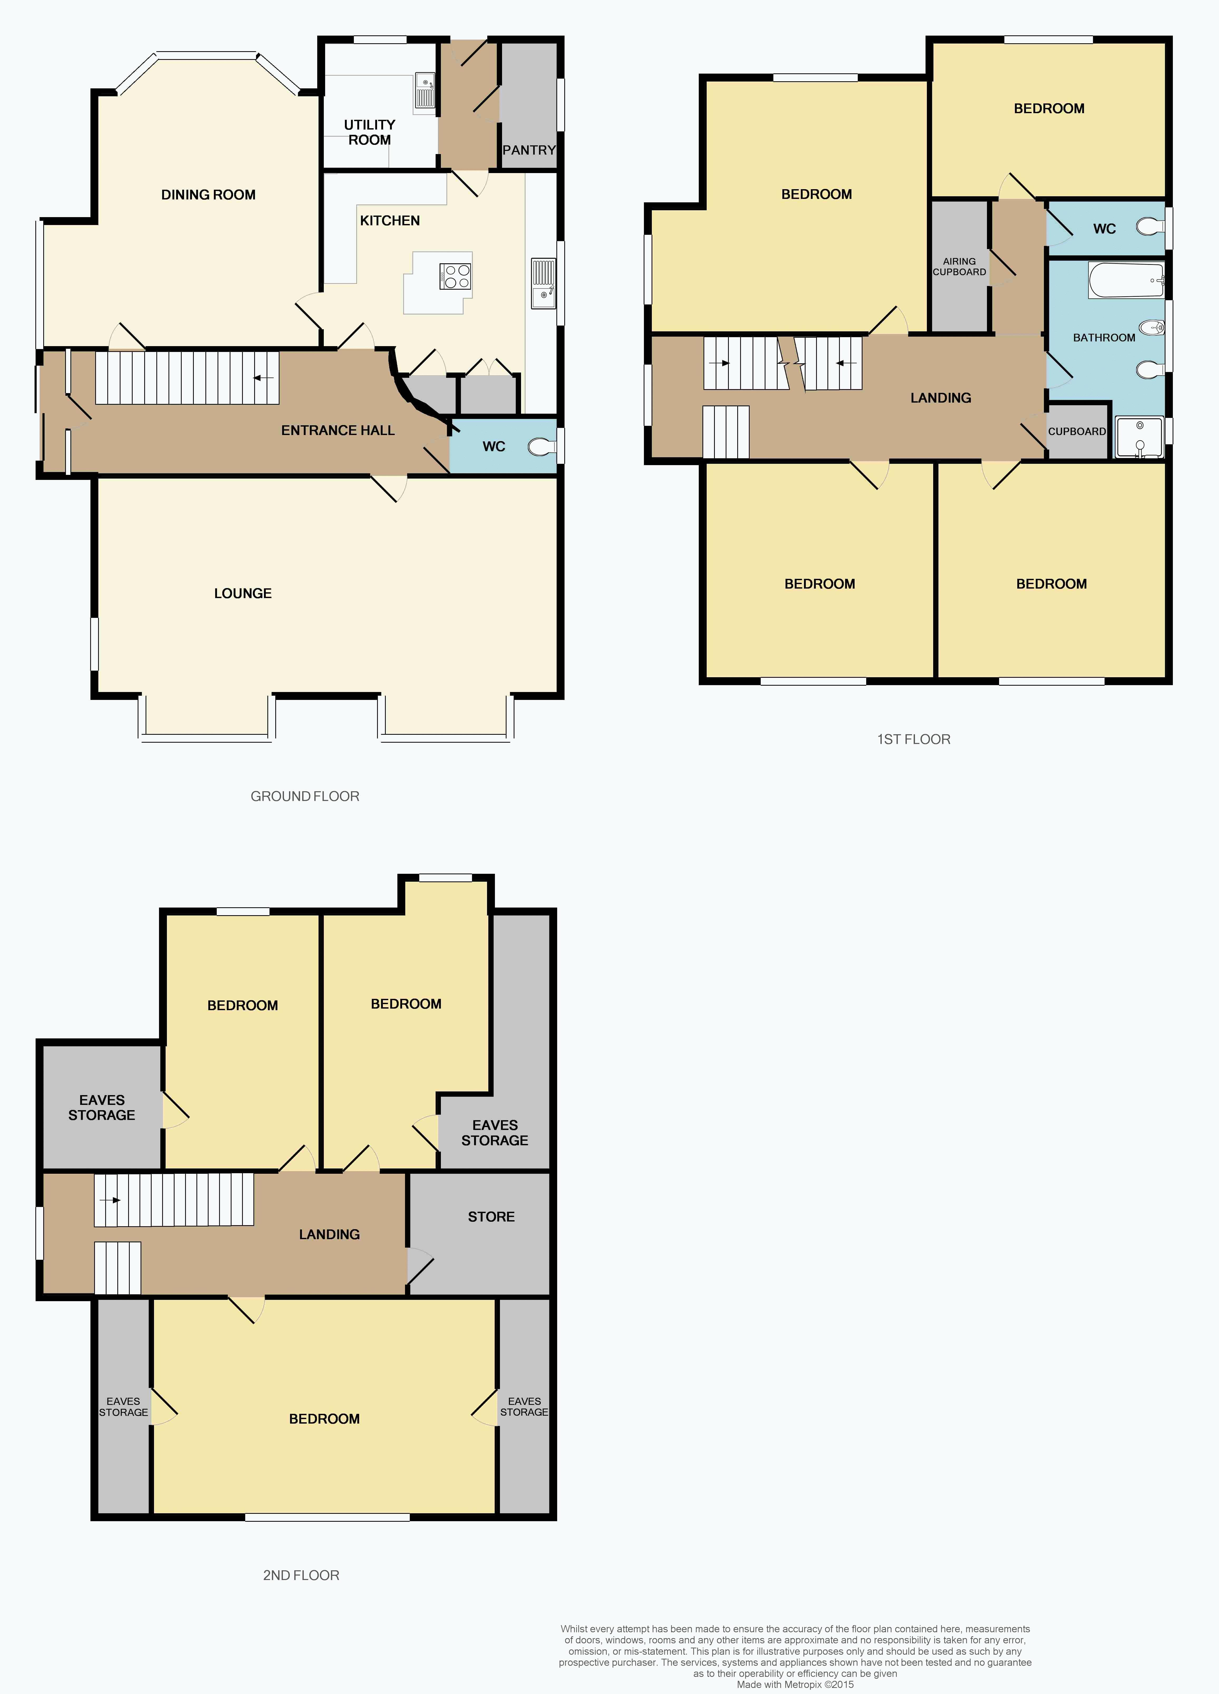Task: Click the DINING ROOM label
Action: pyautogui.click(x=208, y=195)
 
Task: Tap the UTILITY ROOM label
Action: pyautogui.click(x=369, y=132)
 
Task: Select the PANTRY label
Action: pyautogui.click(x=528, y=150)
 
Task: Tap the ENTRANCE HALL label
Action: pyautogui.click(x=338, y=430)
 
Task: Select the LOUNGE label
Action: pyautogui.click(x=243, y=593)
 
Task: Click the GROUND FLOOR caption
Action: pyautogui.click(x=305, y=796)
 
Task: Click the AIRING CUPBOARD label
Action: pyautogui.click(x=959, y=267)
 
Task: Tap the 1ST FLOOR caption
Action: pyautogui.click(x=914, y=739)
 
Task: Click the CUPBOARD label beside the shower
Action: pyautogui.click(x=1076, y=432)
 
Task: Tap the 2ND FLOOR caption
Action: pyautogui.click(x=301, y=1575)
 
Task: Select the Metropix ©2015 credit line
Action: pyautogui.click(x=795, y=1684)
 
